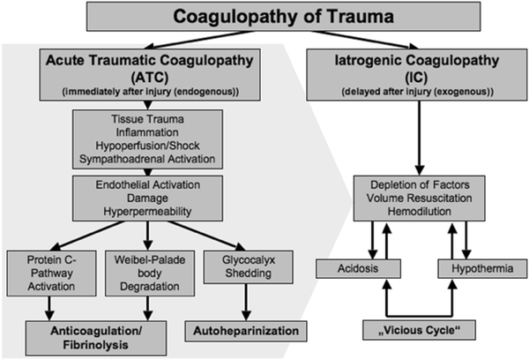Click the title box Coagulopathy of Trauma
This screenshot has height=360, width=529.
click(264, 17)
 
